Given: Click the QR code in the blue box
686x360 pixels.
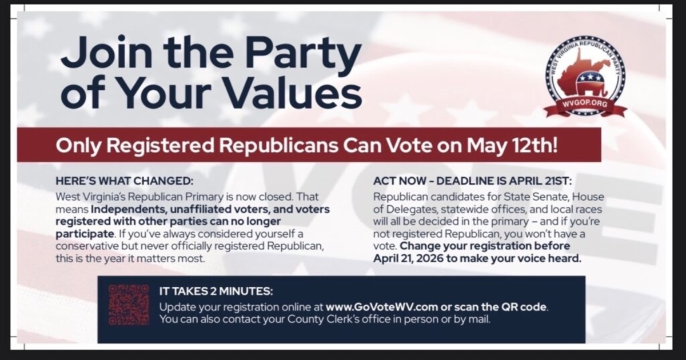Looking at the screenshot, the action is pyautogui.click(x=129, y=305).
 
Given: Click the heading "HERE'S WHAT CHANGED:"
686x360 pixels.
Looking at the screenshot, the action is pyautogui.click(x=125, y=181).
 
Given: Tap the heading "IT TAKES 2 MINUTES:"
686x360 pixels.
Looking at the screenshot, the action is pyautogui.click(x=216, y=291).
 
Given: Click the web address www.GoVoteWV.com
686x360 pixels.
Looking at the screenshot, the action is pyautogui.click(x=382, y=307).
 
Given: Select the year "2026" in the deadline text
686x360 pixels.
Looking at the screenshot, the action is pyautogui.click(x=430, y=258).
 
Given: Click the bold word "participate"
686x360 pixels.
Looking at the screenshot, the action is pyautogui.click(x=85, y=234).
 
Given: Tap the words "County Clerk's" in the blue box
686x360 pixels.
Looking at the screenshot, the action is pyautogui.click(x=324, y=319).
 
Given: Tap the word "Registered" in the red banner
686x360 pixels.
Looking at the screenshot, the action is pyautogui.click(x=160, y=146).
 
